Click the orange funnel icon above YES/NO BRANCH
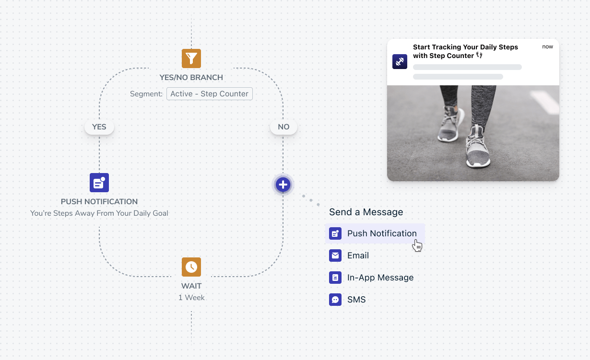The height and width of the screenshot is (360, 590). click(x=191, y=58)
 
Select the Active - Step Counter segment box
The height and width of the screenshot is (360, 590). click(x=210, y=93)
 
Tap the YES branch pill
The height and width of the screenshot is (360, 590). click(x=99, y=127)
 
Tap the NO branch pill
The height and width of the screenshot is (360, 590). click(x=283, y=127)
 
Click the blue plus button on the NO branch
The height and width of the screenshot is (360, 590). click(x=283, y=185)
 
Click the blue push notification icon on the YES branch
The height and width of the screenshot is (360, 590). click(x=99, y=183)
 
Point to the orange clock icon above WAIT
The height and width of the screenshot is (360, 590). click(x=191, y=267)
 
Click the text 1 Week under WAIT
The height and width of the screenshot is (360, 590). click(x=191, y=297)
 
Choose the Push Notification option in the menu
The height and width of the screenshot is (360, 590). click(x=375, y=233)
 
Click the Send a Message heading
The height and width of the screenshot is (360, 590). click(x=366, y=212)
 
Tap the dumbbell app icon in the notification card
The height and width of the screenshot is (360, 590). click(x=400, y=61)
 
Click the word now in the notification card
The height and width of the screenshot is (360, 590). click(x=547, y=47)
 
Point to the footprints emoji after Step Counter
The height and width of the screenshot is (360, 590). click(x=479, y=55)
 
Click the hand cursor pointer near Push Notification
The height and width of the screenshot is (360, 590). click(x=417, y=245)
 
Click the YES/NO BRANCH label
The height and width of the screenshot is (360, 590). click(x=191, y=77)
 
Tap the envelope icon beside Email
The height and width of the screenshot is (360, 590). click(x=335, y=255)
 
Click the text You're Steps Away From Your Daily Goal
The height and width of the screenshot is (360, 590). click(x=99, y=213)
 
